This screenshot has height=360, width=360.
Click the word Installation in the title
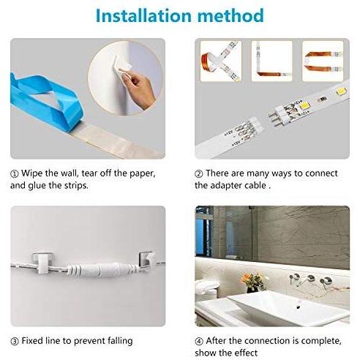[x=143, y=15]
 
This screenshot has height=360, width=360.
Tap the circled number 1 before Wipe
[x=15, y=174]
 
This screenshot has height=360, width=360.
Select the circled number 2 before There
[x=199, y=174]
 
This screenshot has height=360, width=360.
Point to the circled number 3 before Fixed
[x=15, y=341]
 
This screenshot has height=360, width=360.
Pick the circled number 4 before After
[x=199, y=341]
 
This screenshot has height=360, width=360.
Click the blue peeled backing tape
[x=45, y=100]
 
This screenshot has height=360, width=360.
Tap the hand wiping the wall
[x=138, y=86]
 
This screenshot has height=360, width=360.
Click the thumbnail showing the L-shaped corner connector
[x=271, y=61]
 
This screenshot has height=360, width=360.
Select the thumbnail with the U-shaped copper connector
[x=323, y=61]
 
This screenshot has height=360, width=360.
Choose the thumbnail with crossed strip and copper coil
[x=221, y=61]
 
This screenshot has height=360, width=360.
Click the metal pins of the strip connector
[x=274, y=119]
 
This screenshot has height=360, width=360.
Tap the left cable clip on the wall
[x=43, y=262]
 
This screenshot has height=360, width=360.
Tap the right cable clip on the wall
[x=146, y=260]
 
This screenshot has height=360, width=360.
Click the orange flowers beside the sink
[x=252, y=280]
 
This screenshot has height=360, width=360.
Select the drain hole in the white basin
[x=298, y=307]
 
